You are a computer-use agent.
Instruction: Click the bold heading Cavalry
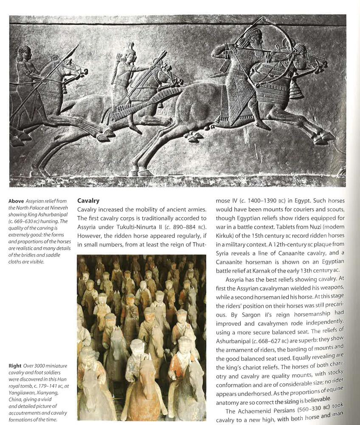tap(88, 200)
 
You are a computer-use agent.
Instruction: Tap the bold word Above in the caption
tap(17, 201)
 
